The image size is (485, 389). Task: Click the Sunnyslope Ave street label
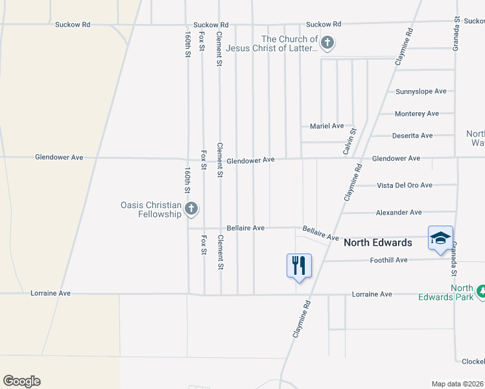coord(421,91)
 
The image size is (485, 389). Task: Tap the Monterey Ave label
coord(417,113)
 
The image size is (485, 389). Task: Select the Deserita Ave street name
coord(412,136)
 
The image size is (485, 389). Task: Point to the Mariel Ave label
coord(327,126)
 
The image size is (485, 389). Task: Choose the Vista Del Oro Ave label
coord(405,185)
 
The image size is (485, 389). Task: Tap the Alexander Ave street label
coord(399,212)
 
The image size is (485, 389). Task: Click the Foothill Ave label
coord(388,260)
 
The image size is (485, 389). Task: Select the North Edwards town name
coord(377,242)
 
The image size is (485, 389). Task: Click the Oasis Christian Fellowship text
coord(150,209)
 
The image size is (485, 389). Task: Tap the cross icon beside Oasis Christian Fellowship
coord(191,209)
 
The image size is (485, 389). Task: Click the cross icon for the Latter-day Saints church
coord(327,43)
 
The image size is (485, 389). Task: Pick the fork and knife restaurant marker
coord(299,265)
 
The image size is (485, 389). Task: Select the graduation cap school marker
coord(440,238)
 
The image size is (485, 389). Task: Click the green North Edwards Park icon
coord(481,292)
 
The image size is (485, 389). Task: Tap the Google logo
coord(21,381)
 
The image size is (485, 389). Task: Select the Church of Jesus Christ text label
coord(289,43)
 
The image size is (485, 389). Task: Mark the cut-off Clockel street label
coord(473,361)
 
